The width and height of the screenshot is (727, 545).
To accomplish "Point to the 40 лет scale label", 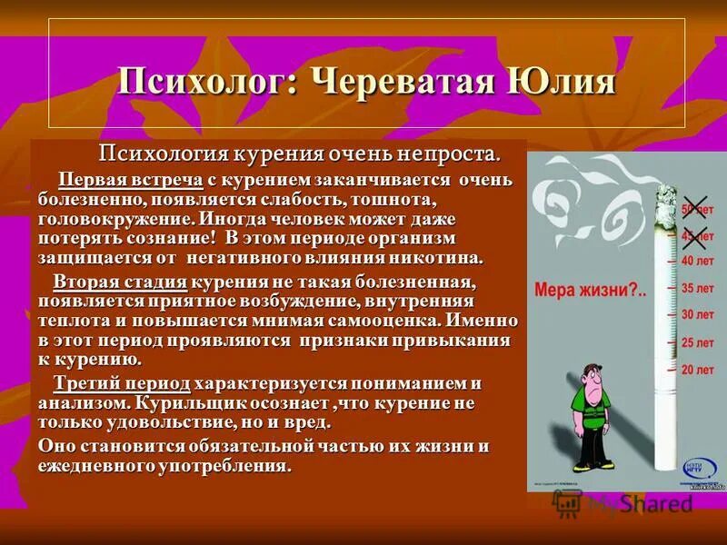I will point(698,261).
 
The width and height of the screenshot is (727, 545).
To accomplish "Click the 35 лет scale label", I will point(698,288).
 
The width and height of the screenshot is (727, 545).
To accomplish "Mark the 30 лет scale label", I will point(698,315).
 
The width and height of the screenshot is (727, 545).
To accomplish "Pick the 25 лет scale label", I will point(698,342).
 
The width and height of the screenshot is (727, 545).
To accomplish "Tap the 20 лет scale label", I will point(698,369).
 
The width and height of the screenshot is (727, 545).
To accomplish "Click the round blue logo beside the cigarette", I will point(695,465).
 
